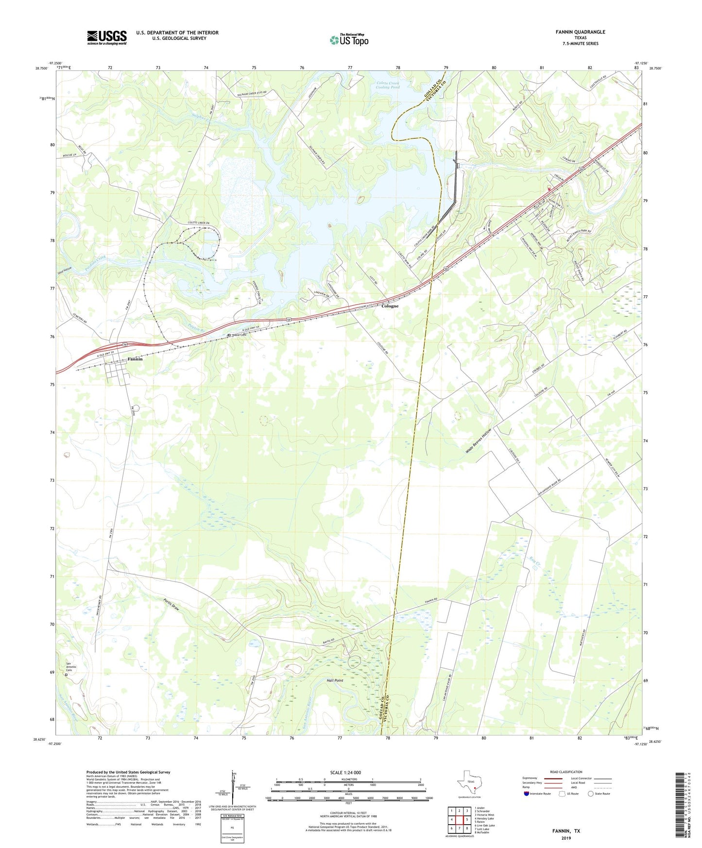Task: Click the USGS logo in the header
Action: coord(107,37)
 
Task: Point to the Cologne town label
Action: coord(390,306)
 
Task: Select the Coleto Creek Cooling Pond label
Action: coord(388,85)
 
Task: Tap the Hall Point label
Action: coord(335,680)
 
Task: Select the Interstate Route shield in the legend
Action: coord(527,794)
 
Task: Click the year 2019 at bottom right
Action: coord(566,838)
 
